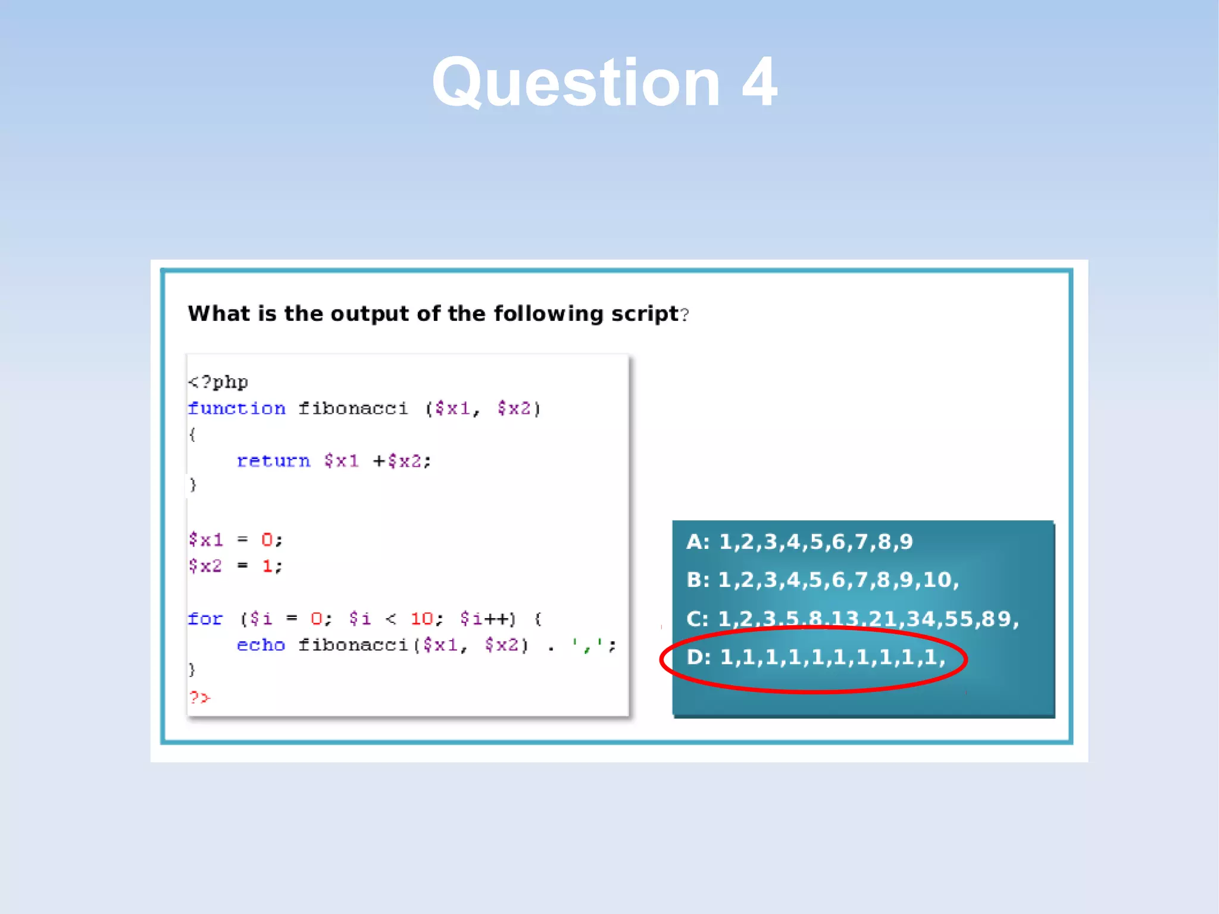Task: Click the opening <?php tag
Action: click(218, 382)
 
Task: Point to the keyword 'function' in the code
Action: click(236, 408)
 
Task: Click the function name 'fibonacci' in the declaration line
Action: click(353, 408)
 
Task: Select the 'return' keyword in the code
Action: click(273, 461)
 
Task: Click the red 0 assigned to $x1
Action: click(267, 540)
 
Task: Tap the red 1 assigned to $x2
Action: click(267, 566)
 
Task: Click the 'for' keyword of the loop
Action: click(205, 619)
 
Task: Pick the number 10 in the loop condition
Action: click(421, 619)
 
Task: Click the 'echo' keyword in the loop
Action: click(261, 645)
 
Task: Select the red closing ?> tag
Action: click(199, 697)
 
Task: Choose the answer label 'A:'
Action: click(698, 542)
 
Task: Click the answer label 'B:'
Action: click(698, 579)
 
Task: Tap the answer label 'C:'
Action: click(698, 619)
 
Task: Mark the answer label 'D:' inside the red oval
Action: click(698, 657)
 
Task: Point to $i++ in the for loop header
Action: click(487, 619)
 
